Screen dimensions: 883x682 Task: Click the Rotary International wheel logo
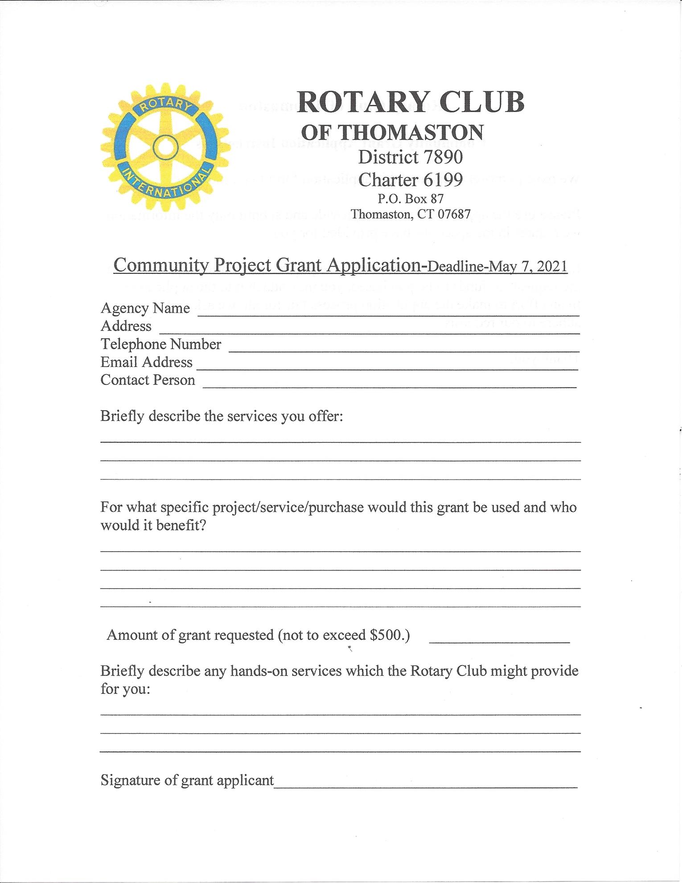(x=165, y=147)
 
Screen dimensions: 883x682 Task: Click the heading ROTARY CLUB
(x=411, y=103)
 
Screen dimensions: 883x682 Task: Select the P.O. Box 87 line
(x=411, y=198)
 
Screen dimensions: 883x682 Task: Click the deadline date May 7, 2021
(x=528, y=267)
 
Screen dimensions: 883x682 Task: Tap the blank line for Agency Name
(x=388, y=314)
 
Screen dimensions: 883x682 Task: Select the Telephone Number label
(x=160, y=344)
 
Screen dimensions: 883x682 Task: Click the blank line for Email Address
(x=387, y=369)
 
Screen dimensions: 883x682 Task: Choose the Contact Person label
(x=148, y=380)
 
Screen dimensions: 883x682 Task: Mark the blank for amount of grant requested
(x=499, y=641)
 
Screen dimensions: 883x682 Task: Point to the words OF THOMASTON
(x=392, y=132)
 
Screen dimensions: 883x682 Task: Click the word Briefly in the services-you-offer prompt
(x=122, y=416)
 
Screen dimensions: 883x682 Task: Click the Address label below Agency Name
(x=126, y=326)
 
